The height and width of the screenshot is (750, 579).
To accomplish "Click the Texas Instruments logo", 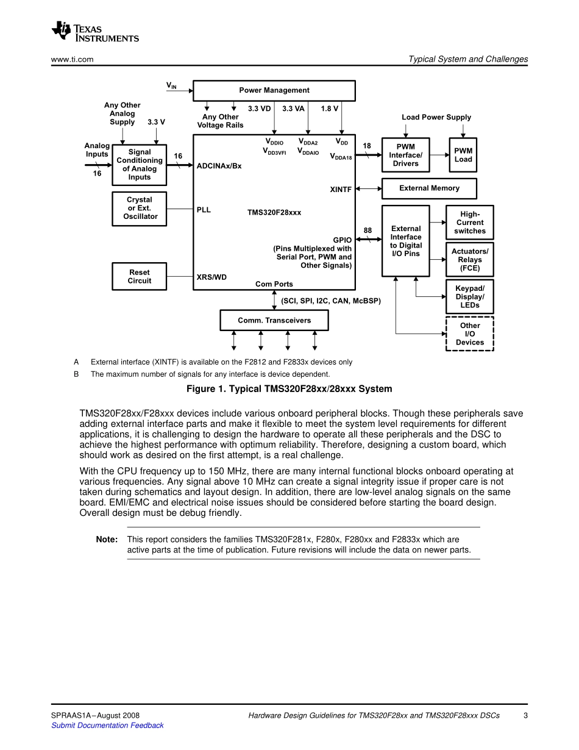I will pyautogui.click(x=95, y=32).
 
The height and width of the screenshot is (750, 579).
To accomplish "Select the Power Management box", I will pyautogui.click(x=274, y=90).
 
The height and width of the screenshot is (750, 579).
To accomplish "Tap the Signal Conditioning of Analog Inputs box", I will pyautogui.click(x=139, y=165).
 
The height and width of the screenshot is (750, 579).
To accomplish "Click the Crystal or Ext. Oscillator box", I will pyautogui.click(x=139, y=209).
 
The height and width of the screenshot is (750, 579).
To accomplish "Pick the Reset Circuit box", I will pyautogui.click(x=139, y=277).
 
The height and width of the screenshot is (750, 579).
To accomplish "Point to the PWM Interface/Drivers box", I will pyautogui.click(x=405, y=155).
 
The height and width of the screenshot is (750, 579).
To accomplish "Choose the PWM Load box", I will pyautogui.click(x=463, y=155).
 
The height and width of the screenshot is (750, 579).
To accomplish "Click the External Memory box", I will pyautogui.click(x=429, y=188).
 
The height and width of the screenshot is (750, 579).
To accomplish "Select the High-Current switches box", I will pyautogui.click(x=469, y=223).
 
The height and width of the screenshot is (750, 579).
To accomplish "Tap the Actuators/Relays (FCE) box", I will pyautogui.click(x=469, y=260).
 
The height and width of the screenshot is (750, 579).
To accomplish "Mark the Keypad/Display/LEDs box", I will pyautogui.click(x=469, y=297).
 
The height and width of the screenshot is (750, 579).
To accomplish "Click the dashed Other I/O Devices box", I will pyautogui.click(x=469, y=334).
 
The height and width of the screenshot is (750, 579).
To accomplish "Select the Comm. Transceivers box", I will pyautogui.click(x=274, y=321).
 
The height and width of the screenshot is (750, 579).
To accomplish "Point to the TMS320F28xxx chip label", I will pyautogui.click(x=274, y=213).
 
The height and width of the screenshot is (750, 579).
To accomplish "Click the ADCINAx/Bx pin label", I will pyautogui.click(x=219, y=166).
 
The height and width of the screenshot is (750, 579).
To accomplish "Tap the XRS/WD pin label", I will pyautogui.click(x=211, y=277).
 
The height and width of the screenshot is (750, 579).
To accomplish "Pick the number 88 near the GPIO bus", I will pyautogui.click(x=368, y=230).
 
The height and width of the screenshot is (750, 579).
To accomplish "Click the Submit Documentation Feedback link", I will pyautogui.click(x=107, y=726).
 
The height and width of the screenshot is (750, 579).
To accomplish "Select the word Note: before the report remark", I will pyautogui.click(x=107, y=540).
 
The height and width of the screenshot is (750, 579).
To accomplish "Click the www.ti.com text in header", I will pyautogui.click(x=72, y=60).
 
